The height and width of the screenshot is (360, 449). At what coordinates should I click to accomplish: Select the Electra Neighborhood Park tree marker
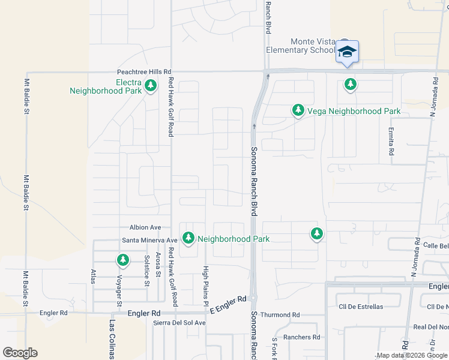pyautogui.click(x=150, y=86)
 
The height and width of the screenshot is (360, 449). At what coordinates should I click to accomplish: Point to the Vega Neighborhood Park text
pyautogui.click(x=354, y=111)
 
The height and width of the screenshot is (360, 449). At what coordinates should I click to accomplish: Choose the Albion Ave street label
pyautogui.click(x=145, y=227)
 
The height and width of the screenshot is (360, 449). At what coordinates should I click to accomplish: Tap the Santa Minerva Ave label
pyautogui.click(x=149, y=240)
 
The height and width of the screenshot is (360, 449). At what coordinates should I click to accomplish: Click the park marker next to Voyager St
pyautogui.click(x=122, y=260)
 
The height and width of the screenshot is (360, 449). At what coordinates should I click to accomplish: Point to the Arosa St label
pyautogui.click(x=158, y=265)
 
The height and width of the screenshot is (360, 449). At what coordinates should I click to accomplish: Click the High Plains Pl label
pyautogui.click(x=205, y=285)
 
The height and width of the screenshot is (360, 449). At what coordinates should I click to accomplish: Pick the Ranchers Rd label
pyautogui.click(x=301, y=337)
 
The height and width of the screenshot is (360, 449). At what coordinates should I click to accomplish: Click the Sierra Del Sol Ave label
pyautogui.click(x=179, y=323)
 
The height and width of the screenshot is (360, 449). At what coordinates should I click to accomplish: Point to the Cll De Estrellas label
pyautogui.click(x=360, y=307)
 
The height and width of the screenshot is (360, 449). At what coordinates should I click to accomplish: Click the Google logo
pyautogui.click(x=20, y=353)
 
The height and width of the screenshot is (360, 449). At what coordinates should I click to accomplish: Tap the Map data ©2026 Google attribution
pyautogui.click(x=412, y=356)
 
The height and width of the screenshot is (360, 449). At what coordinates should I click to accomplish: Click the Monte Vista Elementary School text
pyautogui.click(x=312, y=46)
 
